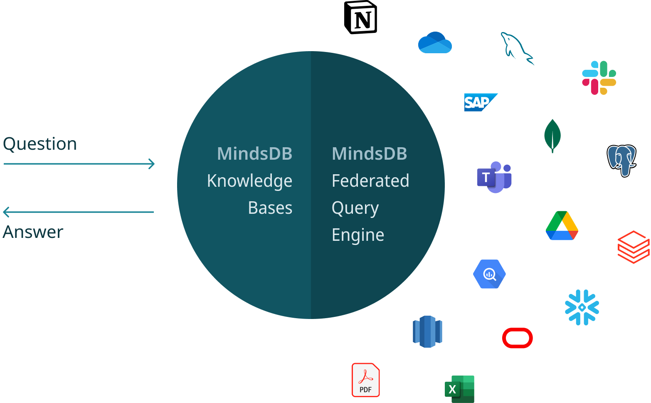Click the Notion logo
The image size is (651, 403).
point(361,17)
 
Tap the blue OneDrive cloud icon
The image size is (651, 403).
point(435,43)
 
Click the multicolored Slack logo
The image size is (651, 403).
point(599,78)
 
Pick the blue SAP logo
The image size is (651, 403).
point(480,102)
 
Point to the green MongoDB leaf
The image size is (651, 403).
point(552,136)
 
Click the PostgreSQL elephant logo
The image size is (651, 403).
point(621,160)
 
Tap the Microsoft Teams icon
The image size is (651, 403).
point(494,177)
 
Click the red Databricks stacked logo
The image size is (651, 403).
point(634,247)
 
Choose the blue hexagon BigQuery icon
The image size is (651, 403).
point(489,274)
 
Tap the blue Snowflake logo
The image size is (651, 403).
point(582,307)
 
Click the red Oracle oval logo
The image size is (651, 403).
point(518,338)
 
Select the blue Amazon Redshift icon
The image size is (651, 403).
point(427,331)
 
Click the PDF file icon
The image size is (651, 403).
point(366,380)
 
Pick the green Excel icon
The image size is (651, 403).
point(460,389)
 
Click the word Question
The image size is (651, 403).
point(40,144)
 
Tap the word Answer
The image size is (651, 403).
point(33,232)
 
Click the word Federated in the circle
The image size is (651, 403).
point(370,181)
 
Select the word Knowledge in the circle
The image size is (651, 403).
point(249,181)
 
